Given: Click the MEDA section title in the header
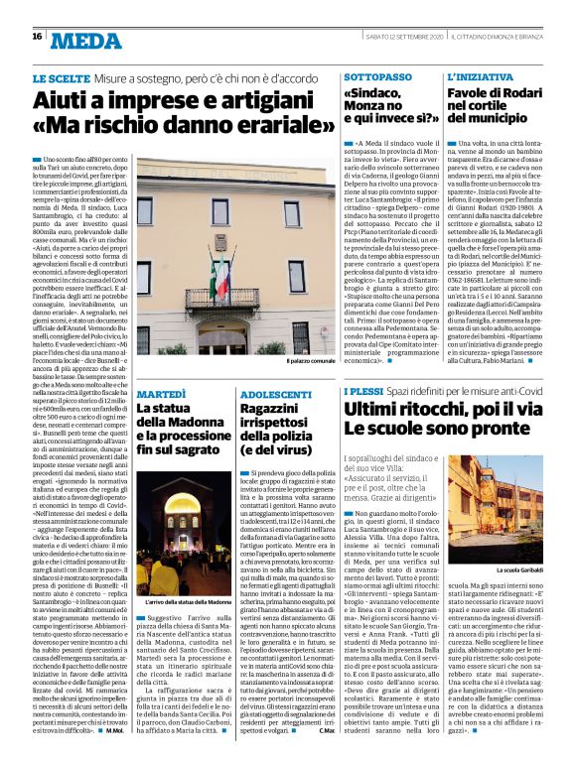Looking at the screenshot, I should [84, 41].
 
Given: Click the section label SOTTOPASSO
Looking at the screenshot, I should [379, 76].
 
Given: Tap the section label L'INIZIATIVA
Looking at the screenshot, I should [482, 76].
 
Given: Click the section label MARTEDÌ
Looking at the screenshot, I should [160, 394].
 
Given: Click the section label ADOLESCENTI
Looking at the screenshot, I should [279, 394].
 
